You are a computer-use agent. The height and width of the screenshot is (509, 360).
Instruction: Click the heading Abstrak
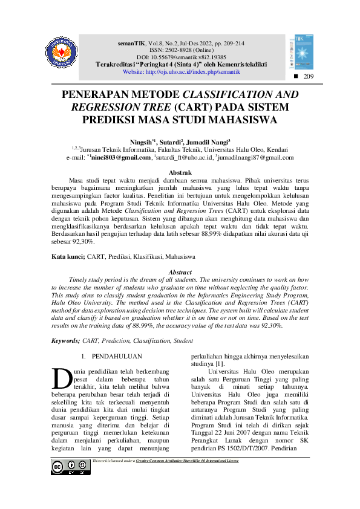point(180,173)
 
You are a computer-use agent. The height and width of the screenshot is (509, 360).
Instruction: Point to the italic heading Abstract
point(180,273)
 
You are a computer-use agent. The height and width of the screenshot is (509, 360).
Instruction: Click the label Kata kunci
point(67,257)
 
